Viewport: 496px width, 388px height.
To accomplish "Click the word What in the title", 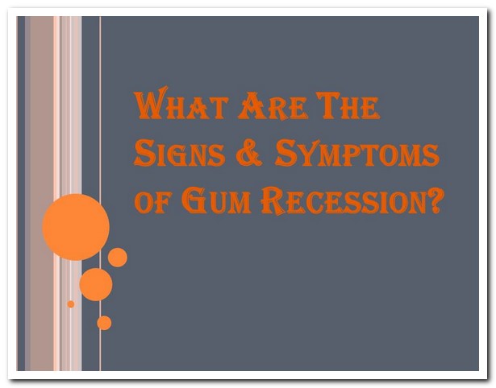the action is click(181, 103).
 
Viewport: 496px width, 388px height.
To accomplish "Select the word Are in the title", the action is click(273, 105).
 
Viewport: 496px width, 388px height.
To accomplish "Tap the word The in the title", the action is click(348, 105).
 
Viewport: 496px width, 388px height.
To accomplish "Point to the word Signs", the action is click(180, 153).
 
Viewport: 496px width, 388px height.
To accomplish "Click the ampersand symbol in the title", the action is click(249, 155).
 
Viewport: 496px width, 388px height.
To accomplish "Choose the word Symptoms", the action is click(356, 153).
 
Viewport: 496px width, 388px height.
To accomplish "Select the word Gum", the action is click(216, 200).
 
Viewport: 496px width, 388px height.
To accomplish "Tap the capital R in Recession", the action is click(273, 200).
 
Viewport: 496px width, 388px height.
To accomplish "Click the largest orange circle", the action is click(76, 227).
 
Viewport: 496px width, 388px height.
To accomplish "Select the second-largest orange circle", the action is click(96, 284).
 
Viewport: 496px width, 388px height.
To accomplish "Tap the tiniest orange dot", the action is click(71, 304).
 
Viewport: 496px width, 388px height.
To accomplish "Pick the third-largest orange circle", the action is click(118, 258).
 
